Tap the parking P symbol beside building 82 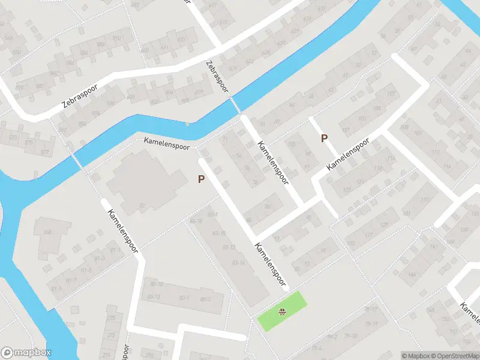(x=202, y=179)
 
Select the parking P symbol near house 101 (x=324, y=138)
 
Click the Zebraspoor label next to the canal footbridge (x=217, y=76)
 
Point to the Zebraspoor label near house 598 (x=83, y=97)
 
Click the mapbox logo (x=26, y=353)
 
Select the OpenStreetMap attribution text (x=457, y=356)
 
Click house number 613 (x=224, y=22)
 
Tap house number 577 (x=45, y=152)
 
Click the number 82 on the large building (x=142, y=205)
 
